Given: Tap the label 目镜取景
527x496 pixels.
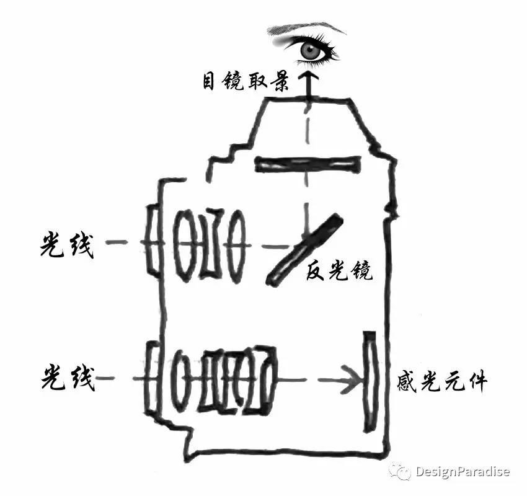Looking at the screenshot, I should pyautogui.click(x=246, y=82).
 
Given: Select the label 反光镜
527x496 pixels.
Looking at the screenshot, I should pyautogui.click(x=339, y=272).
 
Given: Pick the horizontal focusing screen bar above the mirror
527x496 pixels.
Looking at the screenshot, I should pyautogui.click(x=308, y=164).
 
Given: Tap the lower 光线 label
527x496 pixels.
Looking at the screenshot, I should pyautogui.click(x=68, y=376).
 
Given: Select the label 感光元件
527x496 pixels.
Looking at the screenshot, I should pyautogui.click(x=443, y=381).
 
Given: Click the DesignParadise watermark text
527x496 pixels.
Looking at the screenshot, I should pyautogui.click(x=463, y=472).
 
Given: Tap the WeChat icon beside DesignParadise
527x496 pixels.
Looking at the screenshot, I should pyautogui.click(x=400, y=471).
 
